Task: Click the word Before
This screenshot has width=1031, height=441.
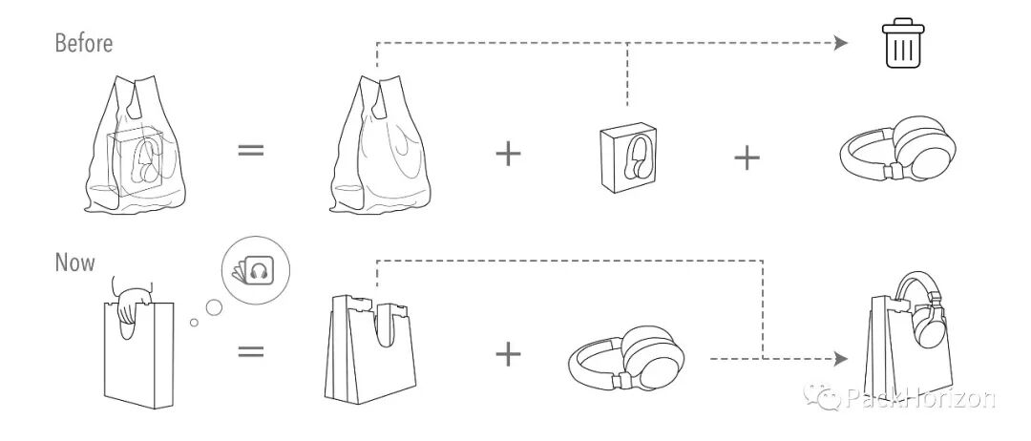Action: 84,43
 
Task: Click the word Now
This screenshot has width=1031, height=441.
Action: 74,262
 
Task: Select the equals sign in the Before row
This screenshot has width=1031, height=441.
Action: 249,151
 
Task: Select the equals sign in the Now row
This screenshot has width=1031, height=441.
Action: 250,350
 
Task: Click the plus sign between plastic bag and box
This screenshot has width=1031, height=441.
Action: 509,154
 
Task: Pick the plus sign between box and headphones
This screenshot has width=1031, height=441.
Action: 747,156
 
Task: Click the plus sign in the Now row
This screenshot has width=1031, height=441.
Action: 509,354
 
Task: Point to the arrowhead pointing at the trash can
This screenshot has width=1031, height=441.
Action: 840,42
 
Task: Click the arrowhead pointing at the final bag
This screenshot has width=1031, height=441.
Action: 840,358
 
